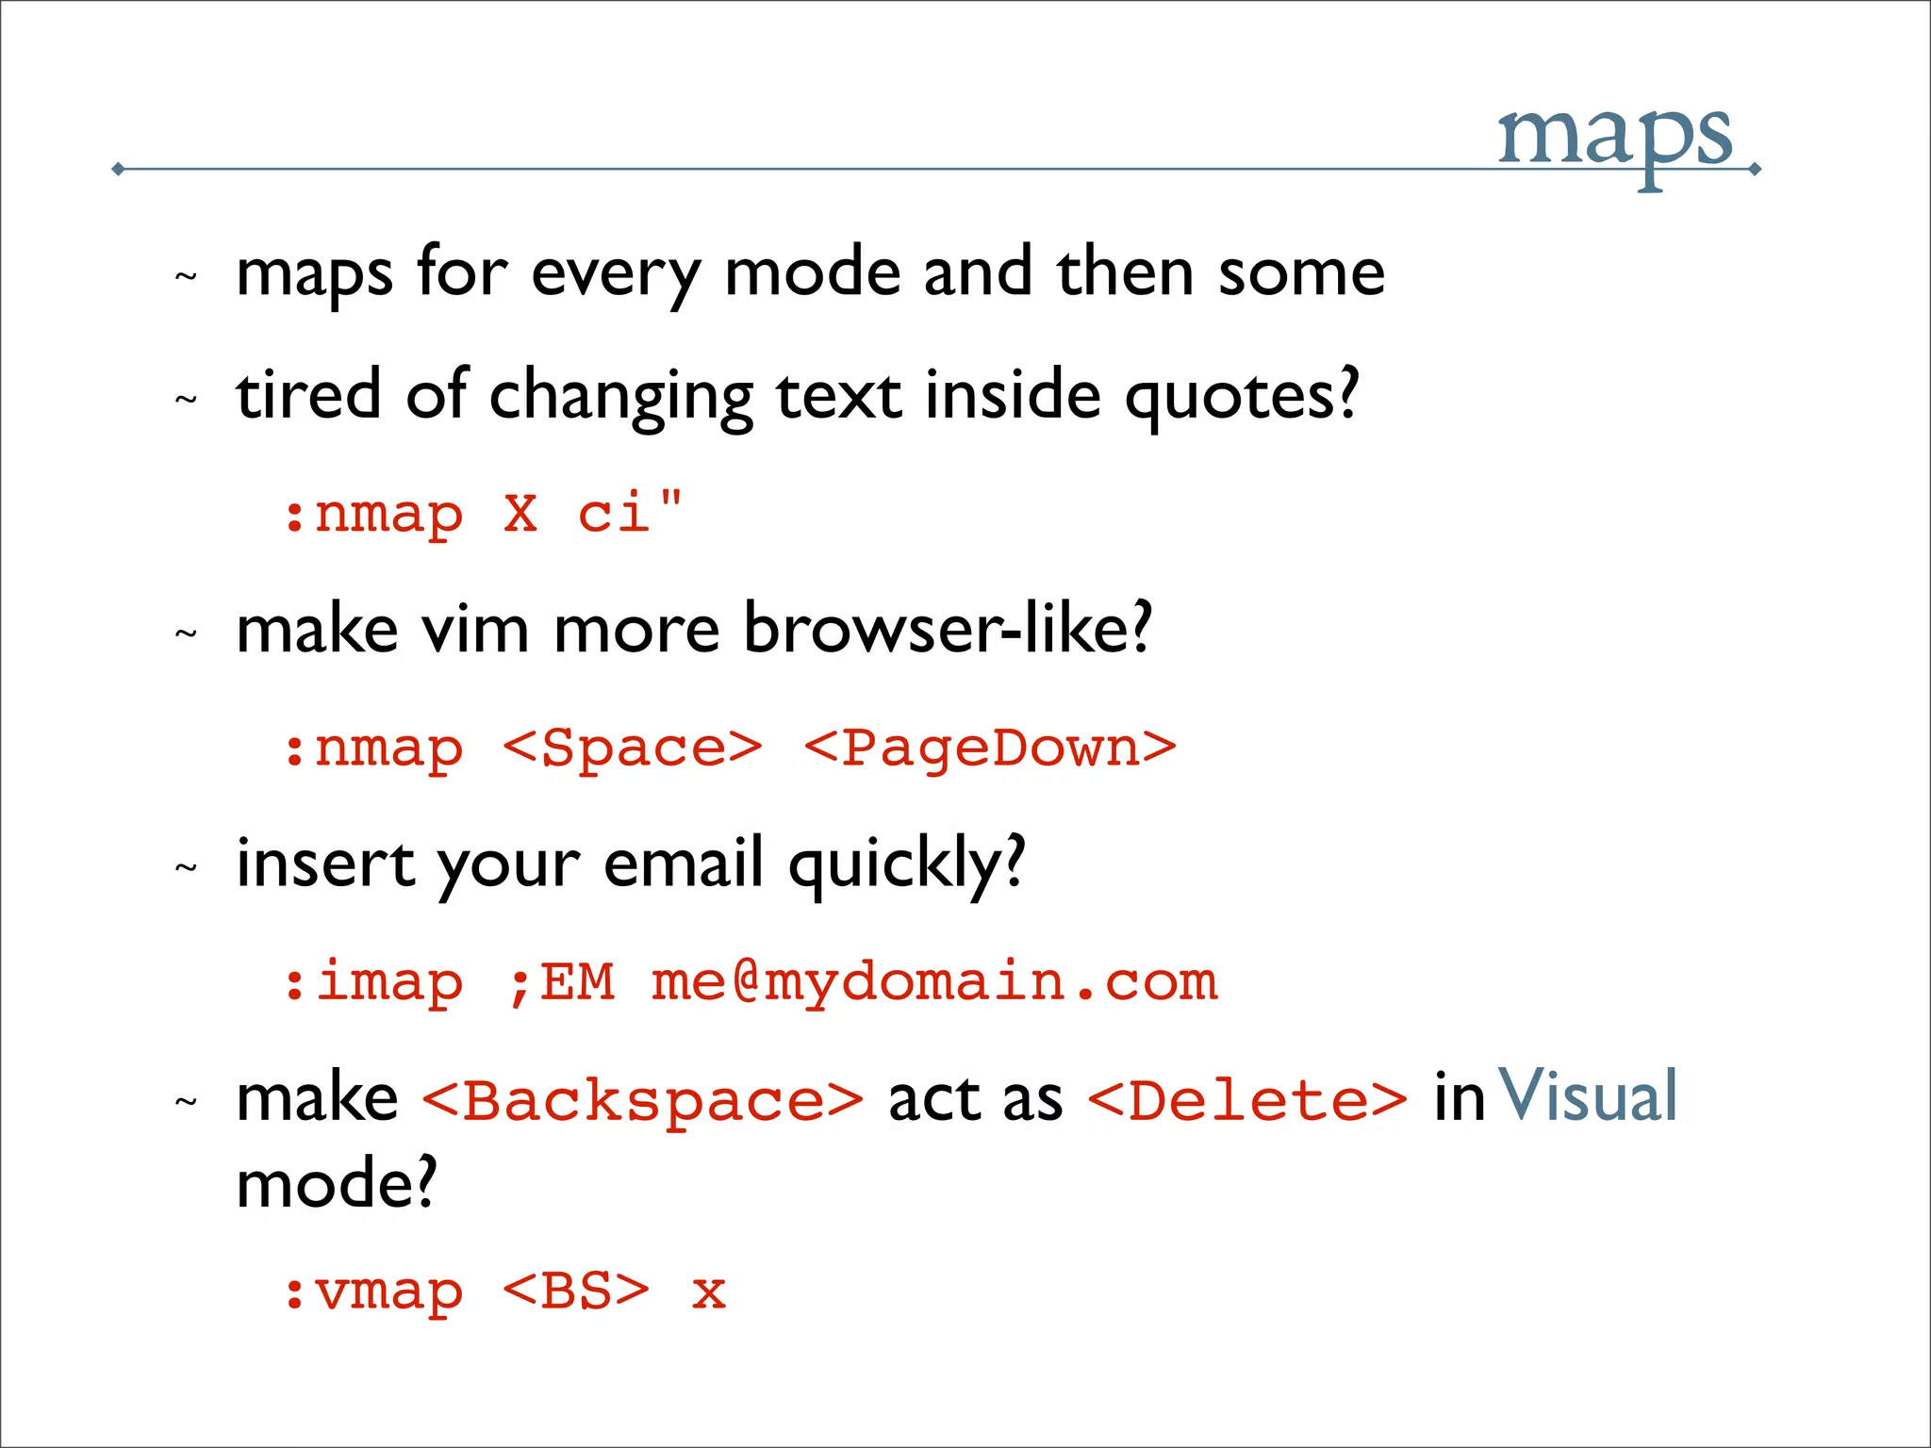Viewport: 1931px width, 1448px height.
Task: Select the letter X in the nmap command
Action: click(x=520, y=515)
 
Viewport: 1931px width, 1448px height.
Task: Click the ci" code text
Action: click(x=629, y=513)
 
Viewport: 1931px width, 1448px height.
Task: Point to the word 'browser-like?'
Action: click(x=947, y=629)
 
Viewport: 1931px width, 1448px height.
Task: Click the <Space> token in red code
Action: click(x=632, y=749)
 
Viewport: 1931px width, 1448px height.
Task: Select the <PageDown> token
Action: click(x=990, y=749)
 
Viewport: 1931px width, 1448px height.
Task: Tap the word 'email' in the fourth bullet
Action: click(x=683, y=864)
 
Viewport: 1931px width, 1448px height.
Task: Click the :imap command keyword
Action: click(x=373, y=982)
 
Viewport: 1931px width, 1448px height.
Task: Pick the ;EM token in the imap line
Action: click(x=560, y=982)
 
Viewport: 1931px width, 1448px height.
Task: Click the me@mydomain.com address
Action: click(x=933, y=982)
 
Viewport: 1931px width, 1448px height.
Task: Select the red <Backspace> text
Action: click(x=642, y=1101)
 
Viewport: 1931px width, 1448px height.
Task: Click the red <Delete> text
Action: click(x=1246, y=1101)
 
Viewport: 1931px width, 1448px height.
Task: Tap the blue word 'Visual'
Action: click(x=1588, y=1096)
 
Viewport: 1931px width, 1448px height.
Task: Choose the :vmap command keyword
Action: click(x=373, y=1292)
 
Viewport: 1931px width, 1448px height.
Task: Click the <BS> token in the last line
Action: click(x=576, y=1292)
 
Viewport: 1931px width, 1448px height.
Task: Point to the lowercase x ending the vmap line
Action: click(x=708, y=1293)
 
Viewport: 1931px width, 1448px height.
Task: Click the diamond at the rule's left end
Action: click(x=118, y=170)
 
